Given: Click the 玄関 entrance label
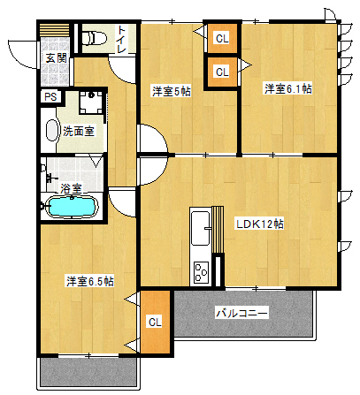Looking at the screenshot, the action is tap(57, 58).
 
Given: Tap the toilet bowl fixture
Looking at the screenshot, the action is tap(94, 38).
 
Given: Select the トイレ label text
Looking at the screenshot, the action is tap(121, 40).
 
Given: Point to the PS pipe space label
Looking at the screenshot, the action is tap(50, 97).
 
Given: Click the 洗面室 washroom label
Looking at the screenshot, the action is tap(79, 131).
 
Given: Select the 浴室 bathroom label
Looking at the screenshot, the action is tap(71, 188).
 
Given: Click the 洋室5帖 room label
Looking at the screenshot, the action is tap(172, 91).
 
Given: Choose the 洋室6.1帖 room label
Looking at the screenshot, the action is tap(287, 88).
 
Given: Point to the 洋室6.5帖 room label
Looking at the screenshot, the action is tap(90, 281).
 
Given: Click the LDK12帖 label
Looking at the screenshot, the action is tap(260, 224).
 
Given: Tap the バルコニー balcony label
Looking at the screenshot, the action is tap(241, 313).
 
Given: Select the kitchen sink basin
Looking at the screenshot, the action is tap(201, 228).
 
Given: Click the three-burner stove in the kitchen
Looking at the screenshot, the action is tap(201, 272).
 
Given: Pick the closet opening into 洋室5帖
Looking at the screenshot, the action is tap(222, 38).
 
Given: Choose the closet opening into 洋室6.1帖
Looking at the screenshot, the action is tap(222, 72).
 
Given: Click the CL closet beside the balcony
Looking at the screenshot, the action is tap(155, 322).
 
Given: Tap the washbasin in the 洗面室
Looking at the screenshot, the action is tap(52, 131).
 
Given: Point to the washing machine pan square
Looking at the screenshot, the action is tap(91, 103).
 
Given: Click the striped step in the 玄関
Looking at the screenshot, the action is tap(55, 29).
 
